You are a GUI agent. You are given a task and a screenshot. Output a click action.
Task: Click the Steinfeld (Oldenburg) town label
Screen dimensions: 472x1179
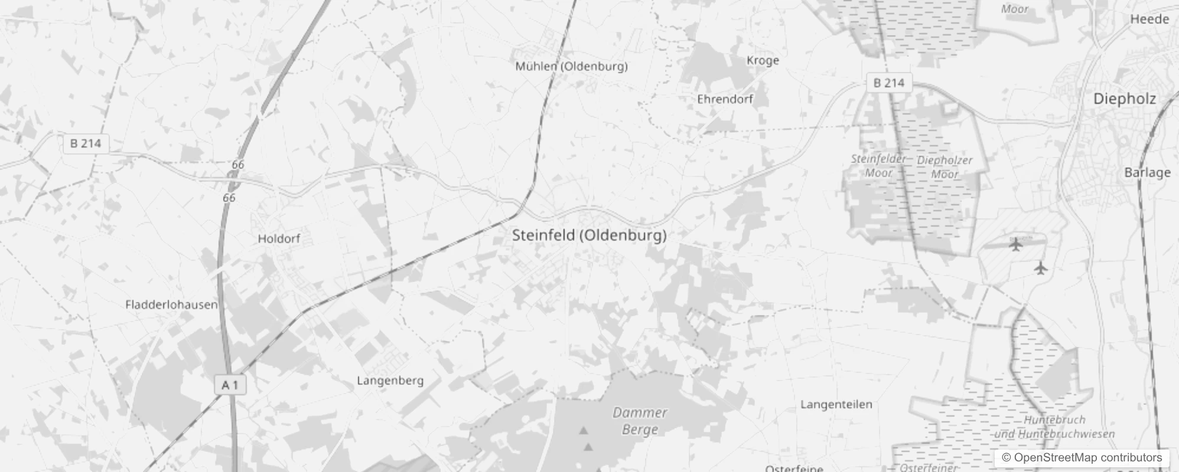click(x=589, y=235)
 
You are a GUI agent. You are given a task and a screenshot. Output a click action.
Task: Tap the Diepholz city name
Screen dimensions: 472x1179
click(x=1124, y=99)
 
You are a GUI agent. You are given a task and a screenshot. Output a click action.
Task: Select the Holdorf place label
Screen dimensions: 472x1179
click(x=279, y=239)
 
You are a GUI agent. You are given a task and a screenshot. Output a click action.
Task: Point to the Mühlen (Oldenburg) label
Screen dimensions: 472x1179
click(x=571, y=66)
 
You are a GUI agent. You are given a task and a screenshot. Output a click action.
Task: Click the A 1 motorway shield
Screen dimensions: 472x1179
click(x=230, y=385)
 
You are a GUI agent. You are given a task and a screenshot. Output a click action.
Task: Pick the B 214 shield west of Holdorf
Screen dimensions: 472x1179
click(x=86, y=143)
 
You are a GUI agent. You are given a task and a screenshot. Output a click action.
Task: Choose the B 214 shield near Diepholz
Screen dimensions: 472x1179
click(x=889, y=83)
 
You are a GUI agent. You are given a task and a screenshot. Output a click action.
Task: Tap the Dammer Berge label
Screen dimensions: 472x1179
click(x=640, y=421)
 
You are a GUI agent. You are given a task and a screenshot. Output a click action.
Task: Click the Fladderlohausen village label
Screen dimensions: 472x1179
click(x=171, y=305)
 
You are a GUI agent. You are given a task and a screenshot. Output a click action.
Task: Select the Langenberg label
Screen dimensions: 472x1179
click(x=390, y=381)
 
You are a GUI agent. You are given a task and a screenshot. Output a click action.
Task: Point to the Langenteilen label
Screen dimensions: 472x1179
click(x=836, y=404)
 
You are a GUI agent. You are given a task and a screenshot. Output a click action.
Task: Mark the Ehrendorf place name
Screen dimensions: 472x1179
click(x=725, y=99)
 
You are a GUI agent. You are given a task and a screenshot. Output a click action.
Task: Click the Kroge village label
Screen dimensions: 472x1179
click(x=763, y=60)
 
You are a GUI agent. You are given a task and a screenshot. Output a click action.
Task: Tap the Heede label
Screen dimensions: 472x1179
click(x=1149, y=19)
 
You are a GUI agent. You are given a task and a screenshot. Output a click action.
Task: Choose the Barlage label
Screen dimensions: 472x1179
click(x=1147, y=172)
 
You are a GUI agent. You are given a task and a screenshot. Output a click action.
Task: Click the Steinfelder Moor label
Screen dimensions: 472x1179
click(x=878, y=166)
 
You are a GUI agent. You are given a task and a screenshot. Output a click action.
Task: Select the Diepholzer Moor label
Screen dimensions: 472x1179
click(x=944, y=167)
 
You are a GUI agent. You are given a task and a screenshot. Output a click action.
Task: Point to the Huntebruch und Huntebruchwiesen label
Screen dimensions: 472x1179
click(x=1054, y=427)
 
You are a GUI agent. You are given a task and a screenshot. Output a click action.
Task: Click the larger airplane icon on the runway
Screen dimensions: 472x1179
click(x=1015, y=244)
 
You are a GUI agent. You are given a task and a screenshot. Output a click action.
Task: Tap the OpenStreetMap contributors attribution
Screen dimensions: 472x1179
click(x=1082, y=457)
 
